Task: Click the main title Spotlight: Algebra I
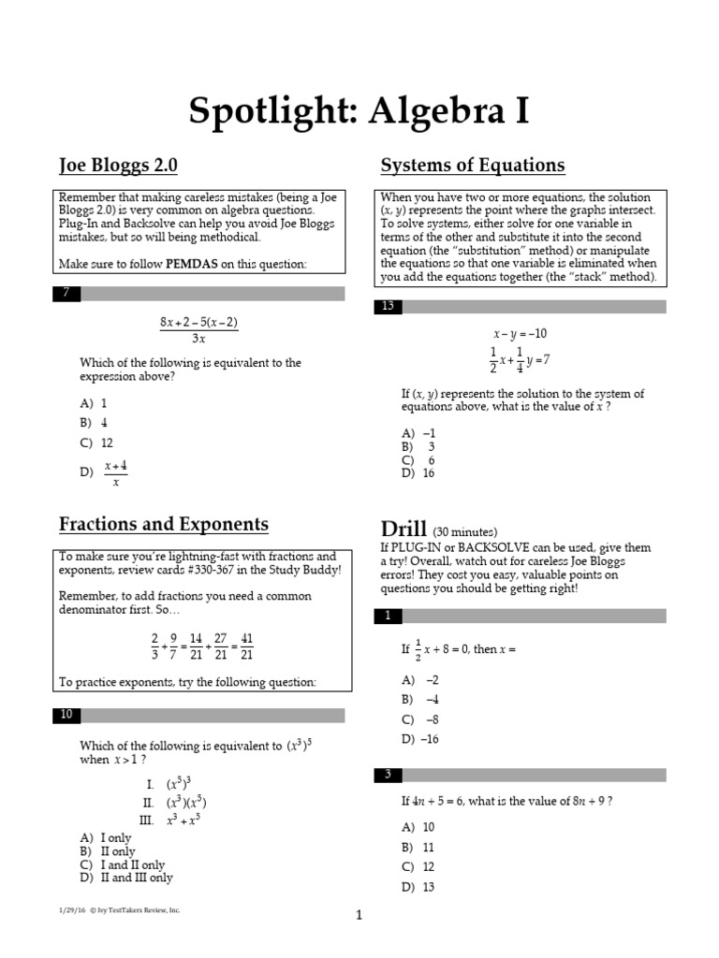359,111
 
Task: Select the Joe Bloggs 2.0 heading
118,167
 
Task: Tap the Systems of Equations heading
472,167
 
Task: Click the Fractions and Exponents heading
164,524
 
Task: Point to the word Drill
404,529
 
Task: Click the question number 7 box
66,294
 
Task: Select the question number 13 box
388,306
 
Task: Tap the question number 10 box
66,716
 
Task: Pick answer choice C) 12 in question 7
96,443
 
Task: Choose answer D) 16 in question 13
418,473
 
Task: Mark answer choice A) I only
106,838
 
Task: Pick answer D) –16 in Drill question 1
419,739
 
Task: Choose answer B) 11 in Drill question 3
418,847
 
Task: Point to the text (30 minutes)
465,531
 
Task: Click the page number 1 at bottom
359,916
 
